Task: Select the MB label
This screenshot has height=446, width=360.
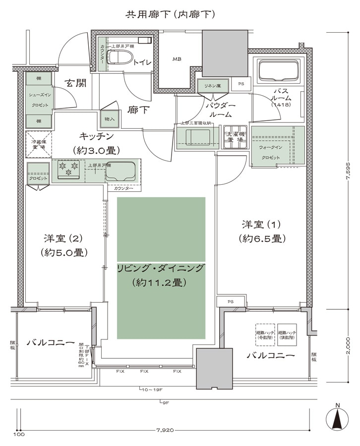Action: click(177, 59)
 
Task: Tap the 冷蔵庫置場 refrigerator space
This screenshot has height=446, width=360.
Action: click(38, 144)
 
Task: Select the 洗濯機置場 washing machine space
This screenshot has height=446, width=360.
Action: click(235, 137)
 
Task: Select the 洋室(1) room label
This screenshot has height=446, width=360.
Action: click(261, 231)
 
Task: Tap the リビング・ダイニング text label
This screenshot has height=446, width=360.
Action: click(161, 268)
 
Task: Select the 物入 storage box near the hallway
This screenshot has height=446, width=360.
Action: click(109, 119)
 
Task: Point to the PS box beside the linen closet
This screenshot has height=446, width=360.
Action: click(241, 84)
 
